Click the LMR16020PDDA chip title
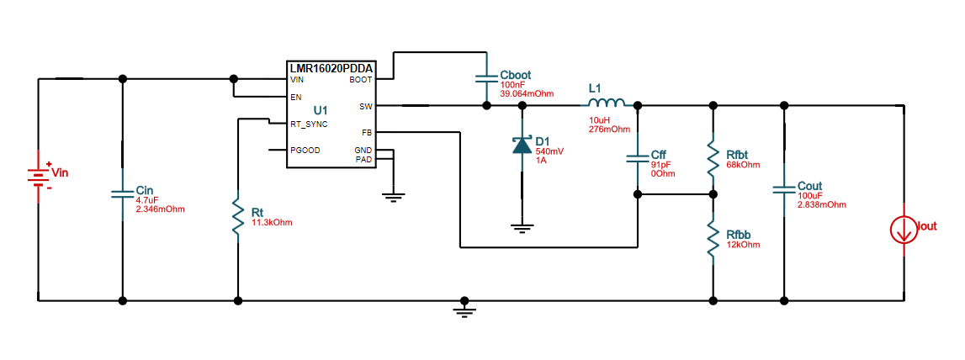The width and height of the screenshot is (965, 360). pos(331,68)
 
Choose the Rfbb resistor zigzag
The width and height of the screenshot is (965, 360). pos(713,241)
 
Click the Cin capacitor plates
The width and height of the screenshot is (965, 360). pos(123,194)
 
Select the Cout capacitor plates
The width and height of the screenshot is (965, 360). pos(784,191)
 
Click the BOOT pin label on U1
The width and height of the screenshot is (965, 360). pos(360,81)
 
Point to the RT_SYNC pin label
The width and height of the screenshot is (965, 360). pos(309,124)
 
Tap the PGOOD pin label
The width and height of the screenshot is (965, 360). pos(305,151)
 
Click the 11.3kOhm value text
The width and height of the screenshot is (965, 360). pos(272,222)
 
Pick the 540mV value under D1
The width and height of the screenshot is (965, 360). pos(549,151)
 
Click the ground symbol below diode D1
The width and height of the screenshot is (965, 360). pos(522,226)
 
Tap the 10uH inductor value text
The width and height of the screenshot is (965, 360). pos(598,120)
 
